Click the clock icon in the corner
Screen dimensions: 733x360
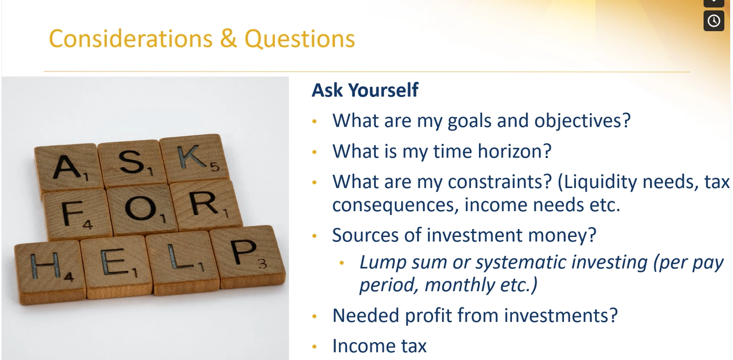(714, 21)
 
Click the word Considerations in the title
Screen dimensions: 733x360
(131, 39)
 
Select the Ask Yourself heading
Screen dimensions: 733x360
(365, 90)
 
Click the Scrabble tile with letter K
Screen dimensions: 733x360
(195, 158)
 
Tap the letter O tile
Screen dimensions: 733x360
(141, 209)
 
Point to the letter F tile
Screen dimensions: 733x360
(77, 214)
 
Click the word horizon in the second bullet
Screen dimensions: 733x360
(514, 151)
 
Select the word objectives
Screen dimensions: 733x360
(582, 121)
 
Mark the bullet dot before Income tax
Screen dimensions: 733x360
(315, 346)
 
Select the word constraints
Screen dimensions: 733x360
(500, 182)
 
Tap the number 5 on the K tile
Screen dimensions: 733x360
(215, 167)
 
